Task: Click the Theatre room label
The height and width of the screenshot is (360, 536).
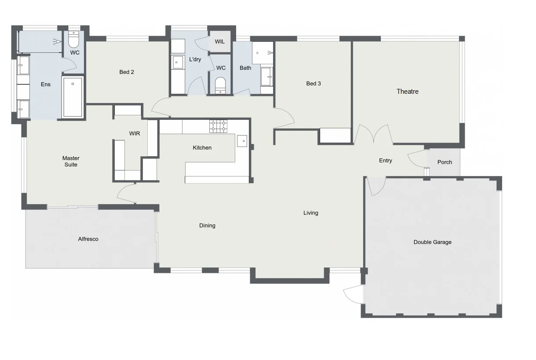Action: [407, 92]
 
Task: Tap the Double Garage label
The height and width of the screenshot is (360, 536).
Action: [432, 242]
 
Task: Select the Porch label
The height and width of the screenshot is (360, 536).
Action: [445, 162]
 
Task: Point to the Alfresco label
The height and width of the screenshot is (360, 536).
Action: [88, 239]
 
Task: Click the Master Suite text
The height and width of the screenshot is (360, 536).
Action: [71, 162]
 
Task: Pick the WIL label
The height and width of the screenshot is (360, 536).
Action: [220, 42]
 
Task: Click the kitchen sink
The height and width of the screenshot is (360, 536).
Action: [242, 141]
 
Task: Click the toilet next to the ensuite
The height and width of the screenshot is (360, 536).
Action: [74, 40]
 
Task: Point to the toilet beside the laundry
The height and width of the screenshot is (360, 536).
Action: [220, 85]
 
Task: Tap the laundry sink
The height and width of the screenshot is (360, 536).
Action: [177, 62]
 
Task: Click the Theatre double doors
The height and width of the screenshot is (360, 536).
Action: [373, 134]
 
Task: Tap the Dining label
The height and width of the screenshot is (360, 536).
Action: [207, 225]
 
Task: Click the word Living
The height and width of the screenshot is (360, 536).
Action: [310, 213]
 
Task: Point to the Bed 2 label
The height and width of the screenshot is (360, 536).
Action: [127, 72]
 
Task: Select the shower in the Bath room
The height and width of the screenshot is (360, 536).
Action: [263, 53]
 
